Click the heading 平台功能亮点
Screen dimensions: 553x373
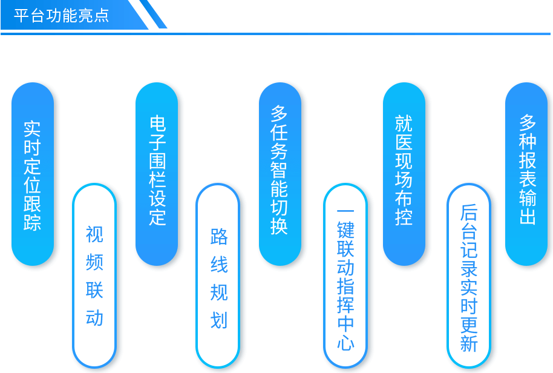(61, 16)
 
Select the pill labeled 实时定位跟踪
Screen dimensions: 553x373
(33, 174)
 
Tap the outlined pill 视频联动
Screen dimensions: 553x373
(94, 276)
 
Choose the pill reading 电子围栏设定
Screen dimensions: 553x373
(157, 174)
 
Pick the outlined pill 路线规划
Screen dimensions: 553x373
(218, 276)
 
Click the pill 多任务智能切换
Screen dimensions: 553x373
(280, 174)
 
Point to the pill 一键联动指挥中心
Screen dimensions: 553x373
(345, 276)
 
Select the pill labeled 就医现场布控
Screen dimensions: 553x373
(404, 174)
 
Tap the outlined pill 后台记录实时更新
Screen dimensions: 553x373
(469, 276)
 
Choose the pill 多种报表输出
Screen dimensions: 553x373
(526, 174)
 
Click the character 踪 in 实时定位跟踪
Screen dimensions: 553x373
(32, 222)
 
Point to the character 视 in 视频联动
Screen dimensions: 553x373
(94, 234)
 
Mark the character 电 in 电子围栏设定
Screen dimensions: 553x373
(157, 123)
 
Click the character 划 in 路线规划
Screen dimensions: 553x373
(219, 320)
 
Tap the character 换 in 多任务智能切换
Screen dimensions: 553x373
(279, 226)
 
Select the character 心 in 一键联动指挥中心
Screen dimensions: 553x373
(345, 342)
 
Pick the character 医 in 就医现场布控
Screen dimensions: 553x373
(404, 142)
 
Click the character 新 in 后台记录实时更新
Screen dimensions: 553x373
(469, 343)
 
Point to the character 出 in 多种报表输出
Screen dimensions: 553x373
(528, 216)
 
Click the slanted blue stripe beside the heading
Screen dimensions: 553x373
(153, 14)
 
